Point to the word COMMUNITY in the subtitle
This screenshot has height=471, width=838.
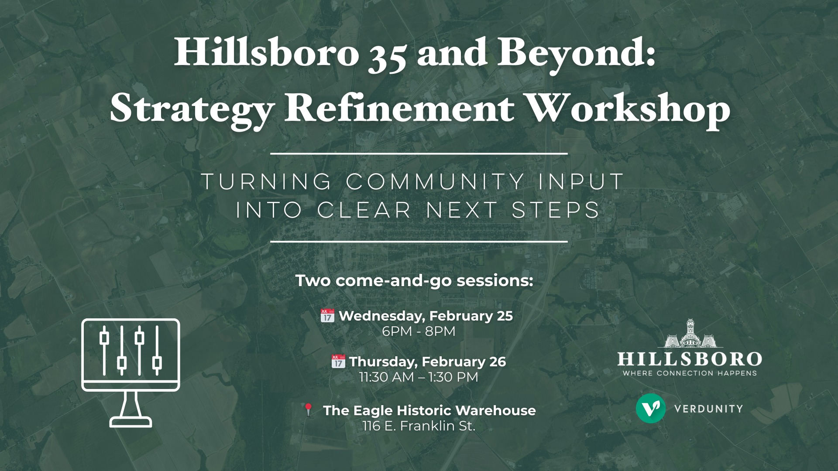[435, 182]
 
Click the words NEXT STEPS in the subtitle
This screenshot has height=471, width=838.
[513, 210]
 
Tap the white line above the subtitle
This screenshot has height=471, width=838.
[419, 154]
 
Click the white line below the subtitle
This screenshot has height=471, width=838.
[419, 241]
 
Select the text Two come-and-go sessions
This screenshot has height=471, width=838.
[414, 280]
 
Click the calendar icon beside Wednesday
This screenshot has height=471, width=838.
[327, 315]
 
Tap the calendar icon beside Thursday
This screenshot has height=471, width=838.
[338, 361]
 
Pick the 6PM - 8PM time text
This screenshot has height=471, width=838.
[419, 331]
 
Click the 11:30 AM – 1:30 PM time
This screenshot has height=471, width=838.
[419, 377]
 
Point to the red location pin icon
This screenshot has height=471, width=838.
[308, 410]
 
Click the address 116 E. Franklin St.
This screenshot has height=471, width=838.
[419, 426]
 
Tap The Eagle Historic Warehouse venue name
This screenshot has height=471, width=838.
[429, 410]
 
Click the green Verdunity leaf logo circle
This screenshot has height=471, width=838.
[651, 409]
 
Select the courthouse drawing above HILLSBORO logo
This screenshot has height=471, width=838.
[690, 334]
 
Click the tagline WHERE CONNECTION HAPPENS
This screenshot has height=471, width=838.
[690, 373]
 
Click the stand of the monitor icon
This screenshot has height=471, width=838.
[131, 409]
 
